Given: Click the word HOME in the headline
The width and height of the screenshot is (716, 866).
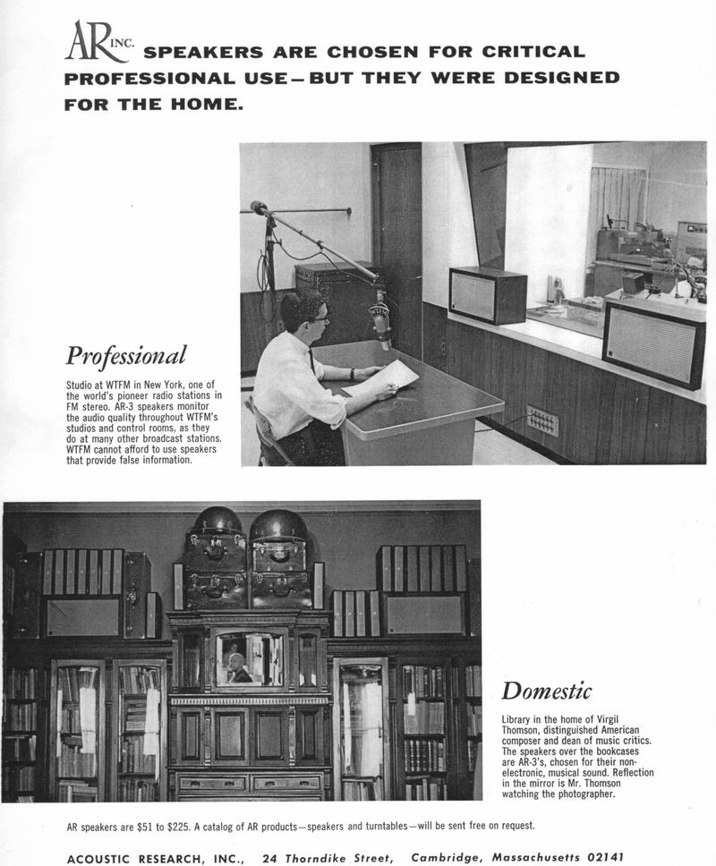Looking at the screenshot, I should click(x=209, y=105).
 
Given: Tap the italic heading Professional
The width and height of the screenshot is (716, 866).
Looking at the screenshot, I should click(x=126, y=355).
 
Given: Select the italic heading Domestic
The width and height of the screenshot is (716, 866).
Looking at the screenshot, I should click(x=546, y=691).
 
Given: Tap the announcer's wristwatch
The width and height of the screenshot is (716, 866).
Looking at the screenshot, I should click(x=353, y=374).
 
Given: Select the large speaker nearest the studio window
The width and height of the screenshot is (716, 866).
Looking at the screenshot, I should click(x=652, y=344).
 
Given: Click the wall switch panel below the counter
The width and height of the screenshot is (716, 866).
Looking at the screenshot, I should click(x=542, y=420).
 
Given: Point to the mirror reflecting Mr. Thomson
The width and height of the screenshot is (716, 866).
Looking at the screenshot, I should click(x=248, y=659).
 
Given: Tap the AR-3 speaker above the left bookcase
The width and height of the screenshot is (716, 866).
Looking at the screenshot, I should click(x=83, y=616).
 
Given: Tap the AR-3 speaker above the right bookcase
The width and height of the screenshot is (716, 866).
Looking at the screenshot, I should click(x=423, y=615).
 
